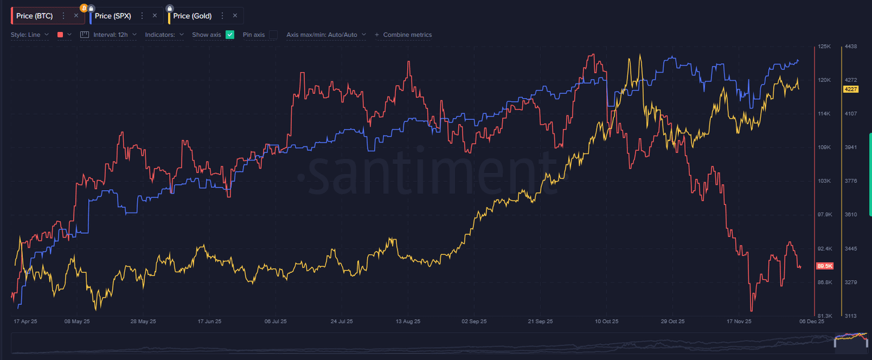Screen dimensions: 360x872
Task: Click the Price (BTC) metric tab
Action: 35,16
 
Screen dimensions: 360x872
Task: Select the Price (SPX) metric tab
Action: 113,16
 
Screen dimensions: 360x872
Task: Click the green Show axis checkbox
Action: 230,35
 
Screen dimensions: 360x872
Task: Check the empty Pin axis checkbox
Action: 273,35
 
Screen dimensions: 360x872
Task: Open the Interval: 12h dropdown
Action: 108,35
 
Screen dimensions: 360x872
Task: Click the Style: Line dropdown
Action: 30,35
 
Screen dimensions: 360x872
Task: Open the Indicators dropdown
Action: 164,35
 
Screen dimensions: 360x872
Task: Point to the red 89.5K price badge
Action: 824,266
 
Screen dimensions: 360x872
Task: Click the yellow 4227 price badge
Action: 850,89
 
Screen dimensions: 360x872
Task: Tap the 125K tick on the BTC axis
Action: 824,47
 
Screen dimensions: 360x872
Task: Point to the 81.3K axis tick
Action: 824,316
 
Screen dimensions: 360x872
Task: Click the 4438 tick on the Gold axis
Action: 850,47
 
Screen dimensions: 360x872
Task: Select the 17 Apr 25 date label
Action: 25,321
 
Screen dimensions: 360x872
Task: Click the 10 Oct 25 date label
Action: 606,321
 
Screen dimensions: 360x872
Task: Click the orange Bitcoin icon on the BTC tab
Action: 84,8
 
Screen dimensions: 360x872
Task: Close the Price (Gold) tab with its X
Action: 235,16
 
